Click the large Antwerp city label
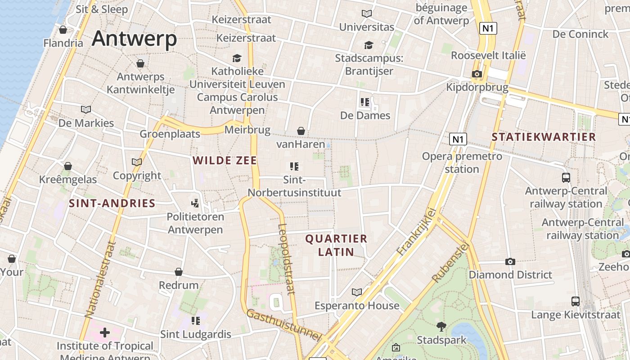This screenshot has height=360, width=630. click(x=134, y=39)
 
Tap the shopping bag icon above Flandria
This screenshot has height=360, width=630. click(x=63, y=30)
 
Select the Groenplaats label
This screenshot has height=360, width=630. click(x=170, y=134)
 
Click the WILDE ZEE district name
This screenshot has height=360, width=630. click(x=225, y=161)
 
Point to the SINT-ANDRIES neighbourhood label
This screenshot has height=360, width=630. click(x=112, y=203)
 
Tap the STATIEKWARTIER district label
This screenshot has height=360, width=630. click(x=544, y=137)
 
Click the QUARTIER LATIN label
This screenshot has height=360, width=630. click(x=336, y=245)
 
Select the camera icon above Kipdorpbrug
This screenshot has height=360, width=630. click(x=477, y=74)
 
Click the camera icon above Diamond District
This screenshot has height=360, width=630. click(x=510, y=261)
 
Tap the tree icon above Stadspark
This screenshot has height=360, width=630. click(x=441, y=326)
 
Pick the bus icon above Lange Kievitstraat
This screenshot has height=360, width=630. click(x=575, y=301)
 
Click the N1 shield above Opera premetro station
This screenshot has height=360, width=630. click(x=458, y=139)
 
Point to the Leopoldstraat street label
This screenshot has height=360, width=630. click(x=286, y=259)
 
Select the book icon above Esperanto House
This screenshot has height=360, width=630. click(x=357, y=292)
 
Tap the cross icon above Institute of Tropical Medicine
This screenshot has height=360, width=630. click(x=105, y=333)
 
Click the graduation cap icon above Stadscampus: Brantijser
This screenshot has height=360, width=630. click(x=369, y=45)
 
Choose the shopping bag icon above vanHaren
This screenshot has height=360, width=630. click(x=301, y=131)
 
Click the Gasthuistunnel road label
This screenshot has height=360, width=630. click(x=283, y=324)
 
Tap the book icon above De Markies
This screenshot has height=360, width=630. click(x=85, y=109)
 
